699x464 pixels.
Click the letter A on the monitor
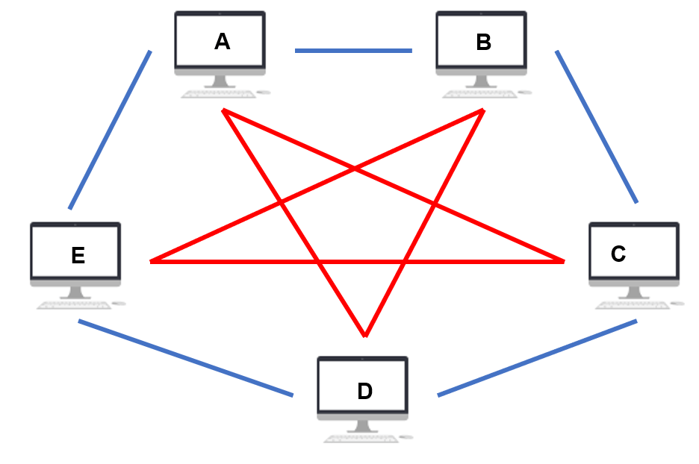[222, 42]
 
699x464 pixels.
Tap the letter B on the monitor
[484, 43]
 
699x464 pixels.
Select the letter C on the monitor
[618, 254]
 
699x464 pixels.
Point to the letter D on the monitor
[364, 391]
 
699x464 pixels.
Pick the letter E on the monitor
[78, 256]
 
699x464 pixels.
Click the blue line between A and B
[353, 51]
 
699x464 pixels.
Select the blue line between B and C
[597, 127]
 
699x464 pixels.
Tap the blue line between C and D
[537, 357]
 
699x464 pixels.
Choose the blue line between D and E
[185, 357]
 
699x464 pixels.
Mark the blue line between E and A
[110, 130]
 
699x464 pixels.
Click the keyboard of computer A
[218, 94]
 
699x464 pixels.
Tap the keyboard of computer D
[361, 439]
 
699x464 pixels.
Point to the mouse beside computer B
[525, 93]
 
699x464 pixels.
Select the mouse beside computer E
[119, 304]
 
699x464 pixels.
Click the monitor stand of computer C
[633, 293]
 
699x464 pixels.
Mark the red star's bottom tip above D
[365, 336]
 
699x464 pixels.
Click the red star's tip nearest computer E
[152, 261]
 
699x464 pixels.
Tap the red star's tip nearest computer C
[563, 261]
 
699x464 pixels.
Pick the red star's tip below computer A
[223, 110]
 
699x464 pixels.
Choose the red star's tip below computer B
[483, 110]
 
